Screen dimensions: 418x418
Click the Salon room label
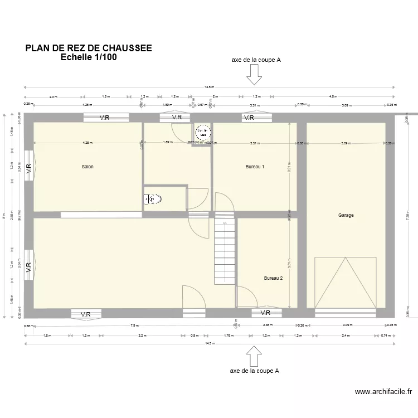coord(88,167)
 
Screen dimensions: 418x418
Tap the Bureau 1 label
coord(255,167)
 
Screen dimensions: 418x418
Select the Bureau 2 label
coord(273,278)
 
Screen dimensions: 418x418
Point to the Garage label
coord(346,215)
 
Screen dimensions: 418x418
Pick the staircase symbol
coord(225,251)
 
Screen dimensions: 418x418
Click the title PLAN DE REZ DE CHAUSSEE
coord(89,48)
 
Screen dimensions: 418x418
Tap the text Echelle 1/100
coord(89,57)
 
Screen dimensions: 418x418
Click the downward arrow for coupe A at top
coord(255,74)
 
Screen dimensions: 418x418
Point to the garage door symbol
coord(346,282)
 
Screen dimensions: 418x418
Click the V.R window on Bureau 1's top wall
coord(249,118)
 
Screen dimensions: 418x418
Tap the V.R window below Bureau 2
coord(266,313)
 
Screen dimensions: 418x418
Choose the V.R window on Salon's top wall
coord(107,118)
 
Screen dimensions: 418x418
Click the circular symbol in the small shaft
coord(203,132)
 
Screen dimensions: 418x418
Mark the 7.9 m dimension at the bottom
coord(134,325)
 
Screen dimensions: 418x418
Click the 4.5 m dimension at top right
coord(333,96)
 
